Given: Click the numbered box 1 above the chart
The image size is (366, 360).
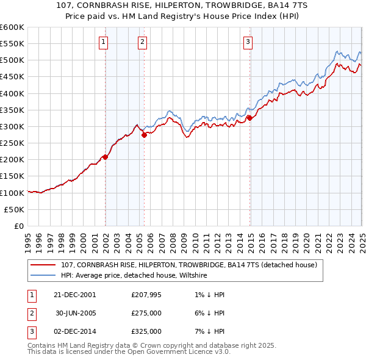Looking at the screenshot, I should [x=103, y=42].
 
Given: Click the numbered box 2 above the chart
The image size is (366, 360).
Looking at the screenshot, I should [x=142, y=42].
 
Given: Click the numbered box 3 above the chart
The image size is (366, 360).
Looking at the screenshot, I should [x=248, y=42].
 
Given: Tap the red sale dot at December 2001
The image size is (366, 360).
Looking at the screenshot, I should [x=105, y=157].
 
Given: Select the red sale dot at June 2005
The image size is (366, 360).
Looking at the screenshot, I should [x=144, y=135].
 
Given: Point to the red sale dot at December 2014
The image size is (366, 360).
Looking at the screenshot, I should [x=249, y=118].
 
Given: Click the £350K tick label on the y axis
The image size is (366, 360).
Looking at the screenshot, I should [x=13, y=110].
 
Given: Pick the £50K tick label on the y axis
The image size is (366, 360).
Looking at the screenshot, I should [x=15, y=209].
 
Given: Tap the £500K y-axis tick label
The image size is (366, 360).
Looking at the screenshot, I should [x=13, y=60].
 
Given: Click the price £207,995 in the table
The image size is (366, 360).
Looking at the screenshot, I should [x=146, y=295].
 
